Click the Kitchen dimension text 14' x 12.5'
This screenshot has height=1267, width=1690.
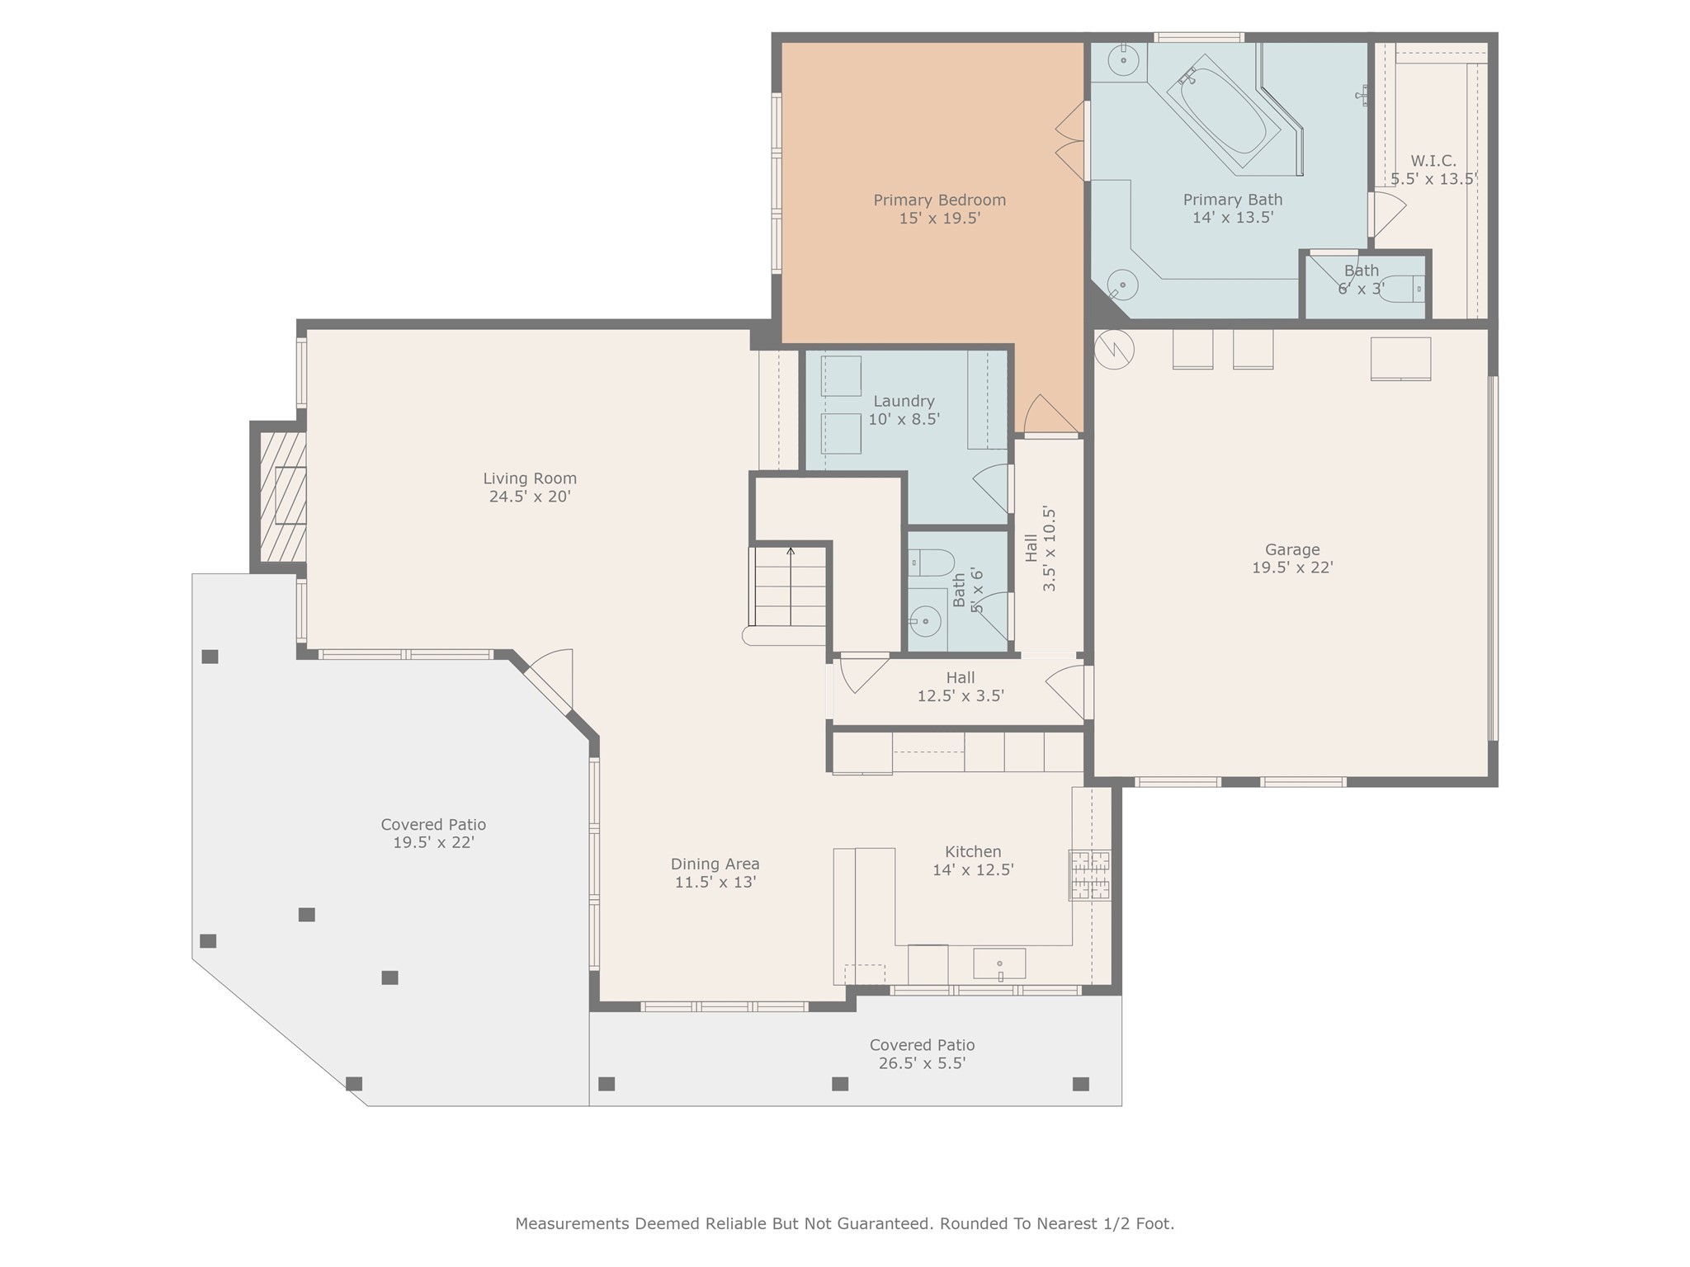click(x=973, y=869)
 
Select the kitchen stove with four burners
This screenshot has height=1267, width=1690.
click(x=1090, y=874)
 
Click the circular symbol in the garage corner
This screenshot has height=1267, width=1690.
click(x=1114, y=350)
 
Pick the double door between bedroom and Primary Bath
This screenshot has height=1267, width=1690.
click(x=1071, y=141)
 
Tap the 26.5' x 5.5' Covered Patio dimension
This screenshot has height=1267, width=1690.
click(x=922, y=1063)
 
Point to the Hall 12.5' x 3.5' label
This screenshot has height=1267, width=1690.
click(x=961, y=687)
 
